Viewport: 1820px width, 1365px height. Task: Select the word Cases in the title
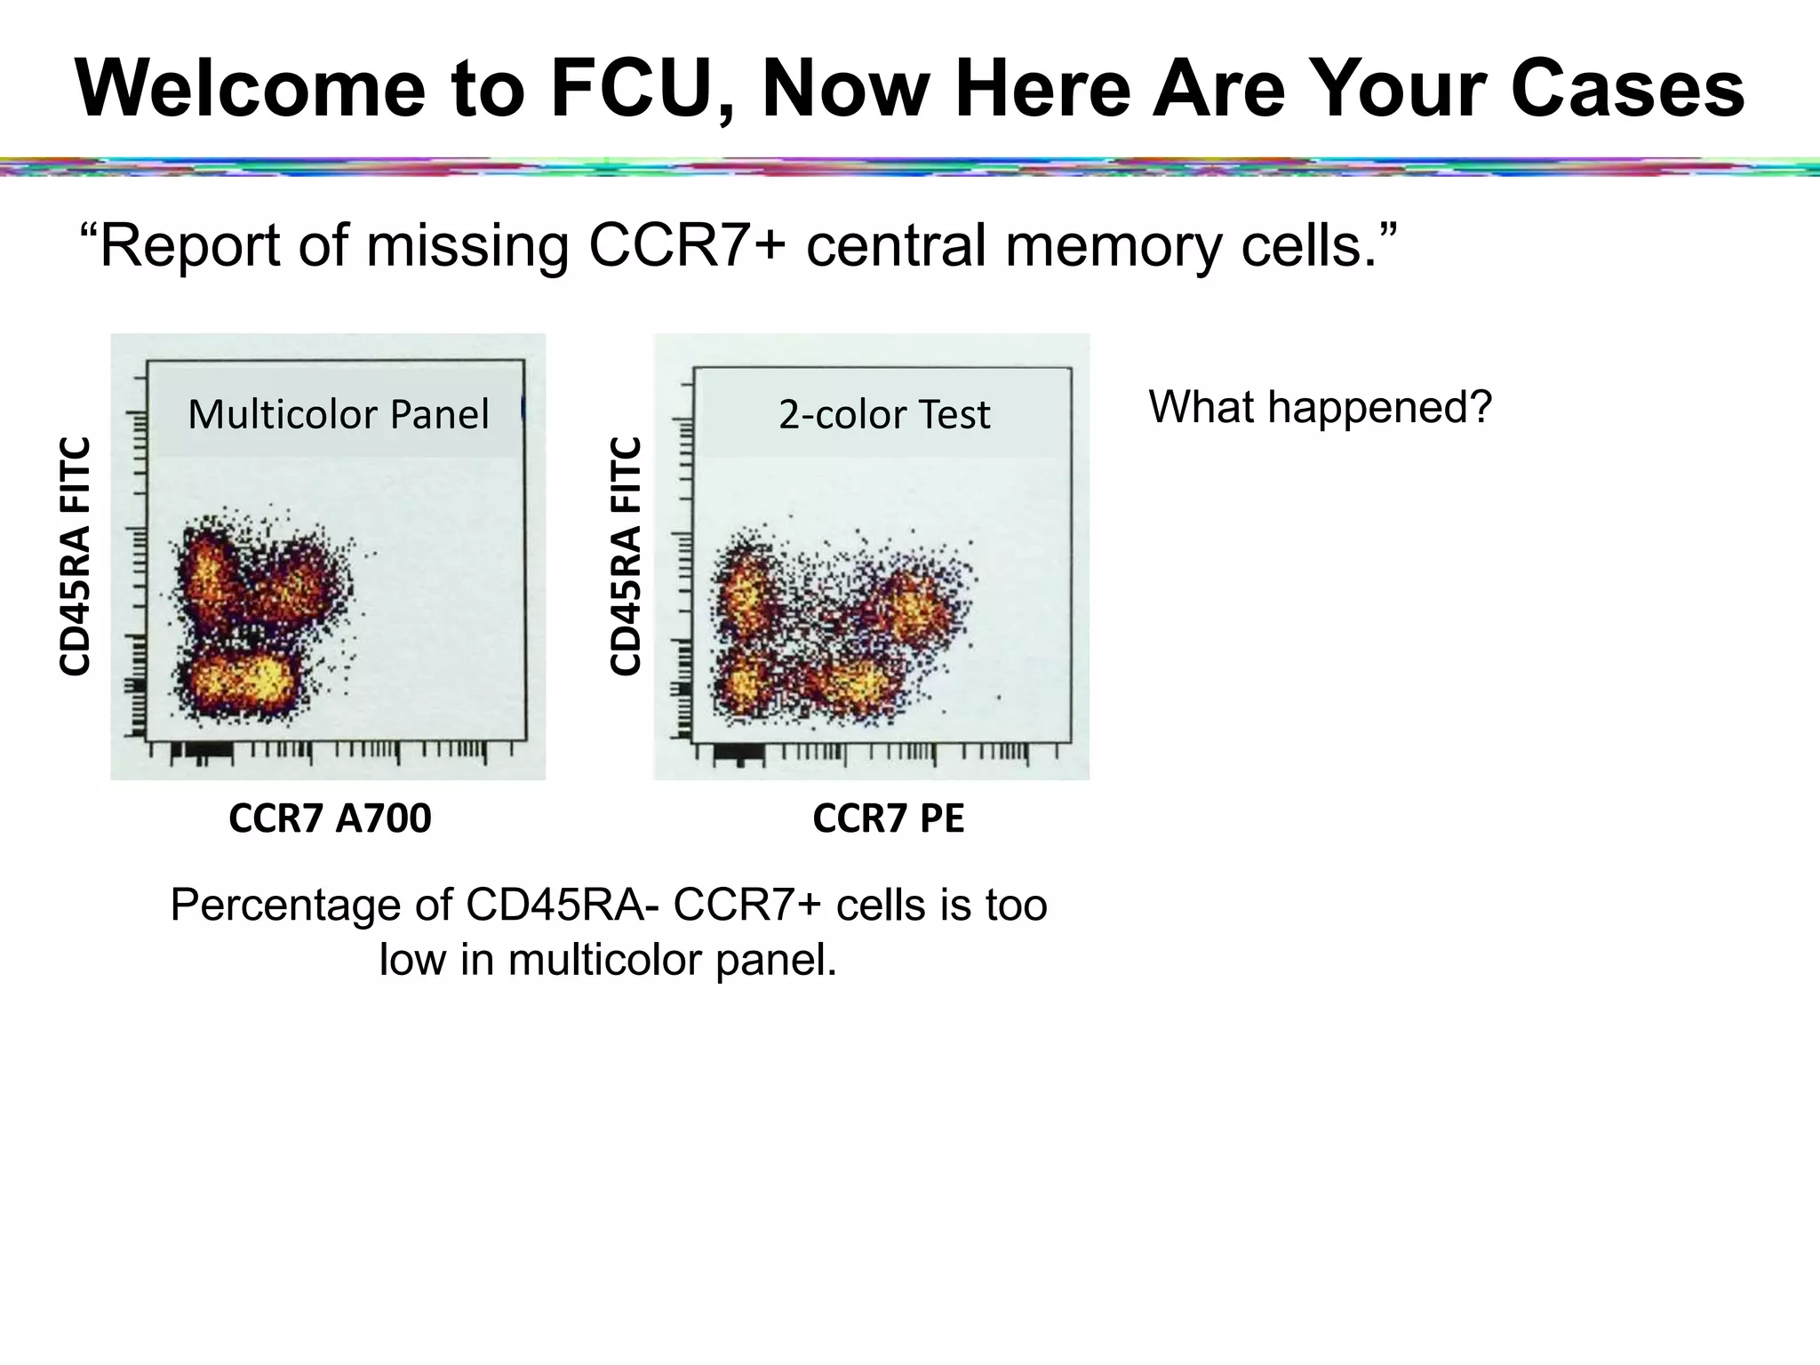(1627, 89)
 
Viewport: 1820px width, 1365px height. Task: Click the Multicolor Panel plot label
(339, 414)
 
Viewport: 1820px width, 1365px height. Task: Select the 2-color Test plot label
(884, 414)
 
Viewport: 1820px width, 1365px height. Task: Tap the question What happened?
(1320, 407)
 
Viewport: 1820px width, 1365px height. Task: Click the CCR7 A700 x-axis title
(330, 818)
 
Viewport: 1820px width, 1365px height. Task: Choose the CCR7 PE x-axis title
(888, 818)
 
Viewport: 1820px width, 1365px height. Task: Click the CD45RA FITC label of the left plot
(75, 556)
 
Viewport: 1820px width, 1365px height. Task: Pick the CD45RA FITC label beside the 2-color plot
(626, 556)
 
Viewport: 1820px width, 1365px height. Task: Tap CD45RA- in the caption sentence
(561, 906)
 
